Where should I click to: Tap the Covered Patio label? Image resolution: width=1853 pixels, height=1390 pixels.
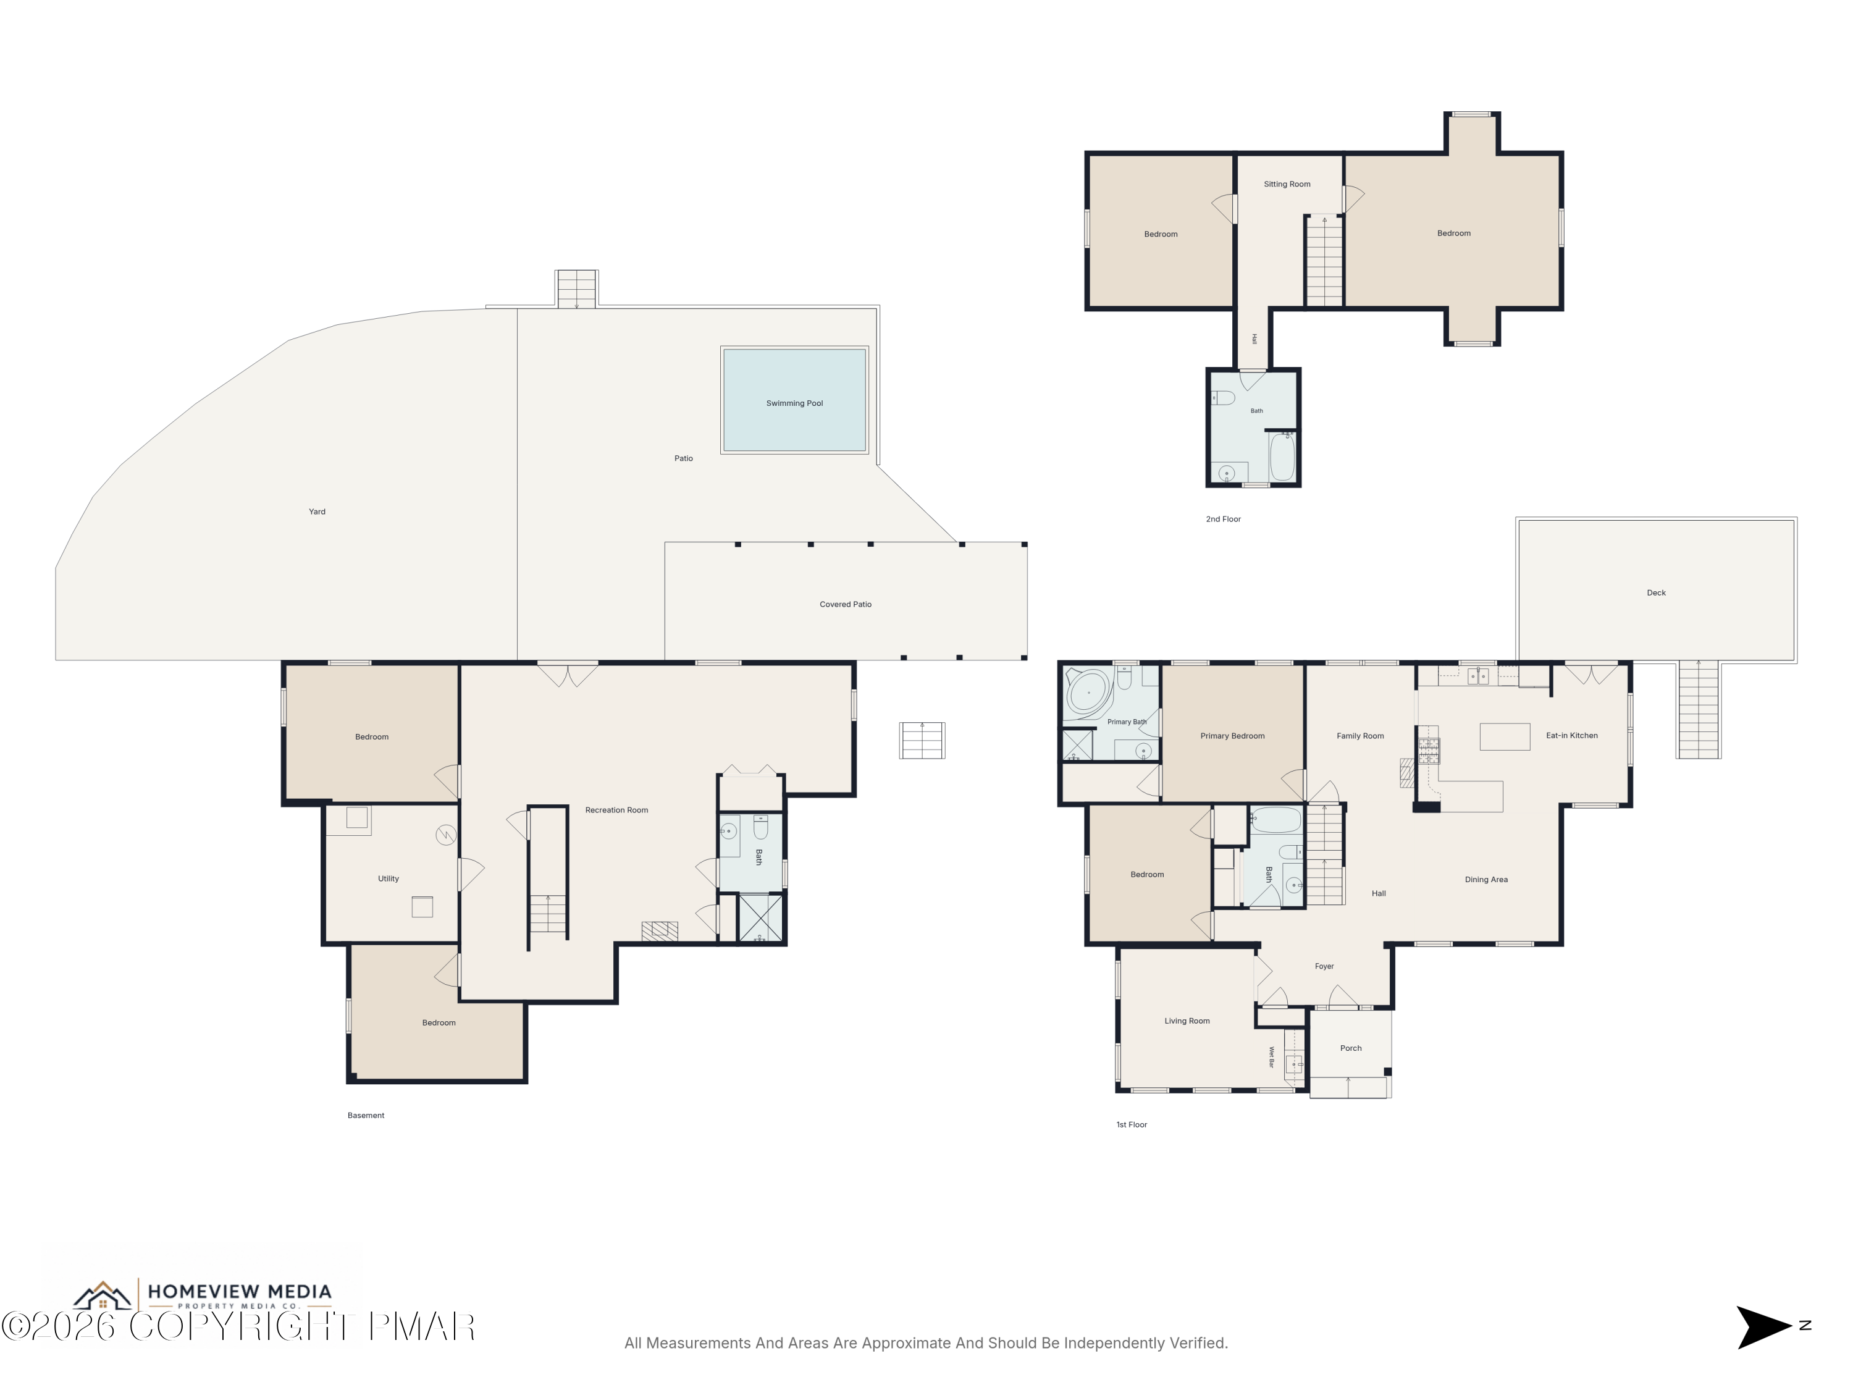[x=845, y=604]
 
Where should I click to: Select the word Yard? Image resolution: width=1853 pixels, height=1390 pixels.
[x=317, y=511]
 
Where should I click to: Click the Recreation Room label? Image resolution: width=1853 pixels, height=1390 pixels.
[x=616, y=810]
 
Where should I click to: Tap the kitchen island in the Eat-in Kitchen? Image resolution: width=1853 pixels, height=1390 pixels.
[x=1505, y=736]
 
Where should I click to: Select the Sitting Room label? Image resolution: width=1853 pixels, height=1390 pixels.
[x=1287, y=184]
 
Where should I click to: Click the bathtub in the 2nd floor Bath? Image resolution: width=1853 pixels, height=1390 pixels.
[x=1282, y=457]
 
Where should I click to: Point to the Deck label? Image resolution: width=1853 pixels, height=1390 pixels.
[x=1656, y=593]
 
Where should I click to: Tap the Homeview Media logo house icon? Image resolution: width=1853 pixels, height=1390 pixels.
[x=102, y=1296]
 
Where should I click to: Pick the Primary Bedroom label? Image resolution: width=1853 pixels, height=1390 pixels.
[x=1232, y=736]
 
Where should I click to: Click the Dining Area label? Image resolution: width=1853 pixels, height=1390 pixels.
[x=1486, y=880]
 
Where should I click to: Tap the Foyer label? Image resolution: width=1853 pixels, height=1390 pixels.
[x=1324, y=967]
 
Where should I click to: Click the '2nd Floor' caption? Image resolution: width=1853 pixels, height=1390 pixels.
[x=1223, y=520]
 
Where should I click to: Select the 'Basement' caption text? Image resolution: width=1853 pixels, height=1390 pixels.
[x=366, y=1115]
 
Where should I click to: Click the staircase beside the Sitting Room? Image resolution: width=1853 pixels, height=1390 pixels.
[x=1324, y=261]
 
